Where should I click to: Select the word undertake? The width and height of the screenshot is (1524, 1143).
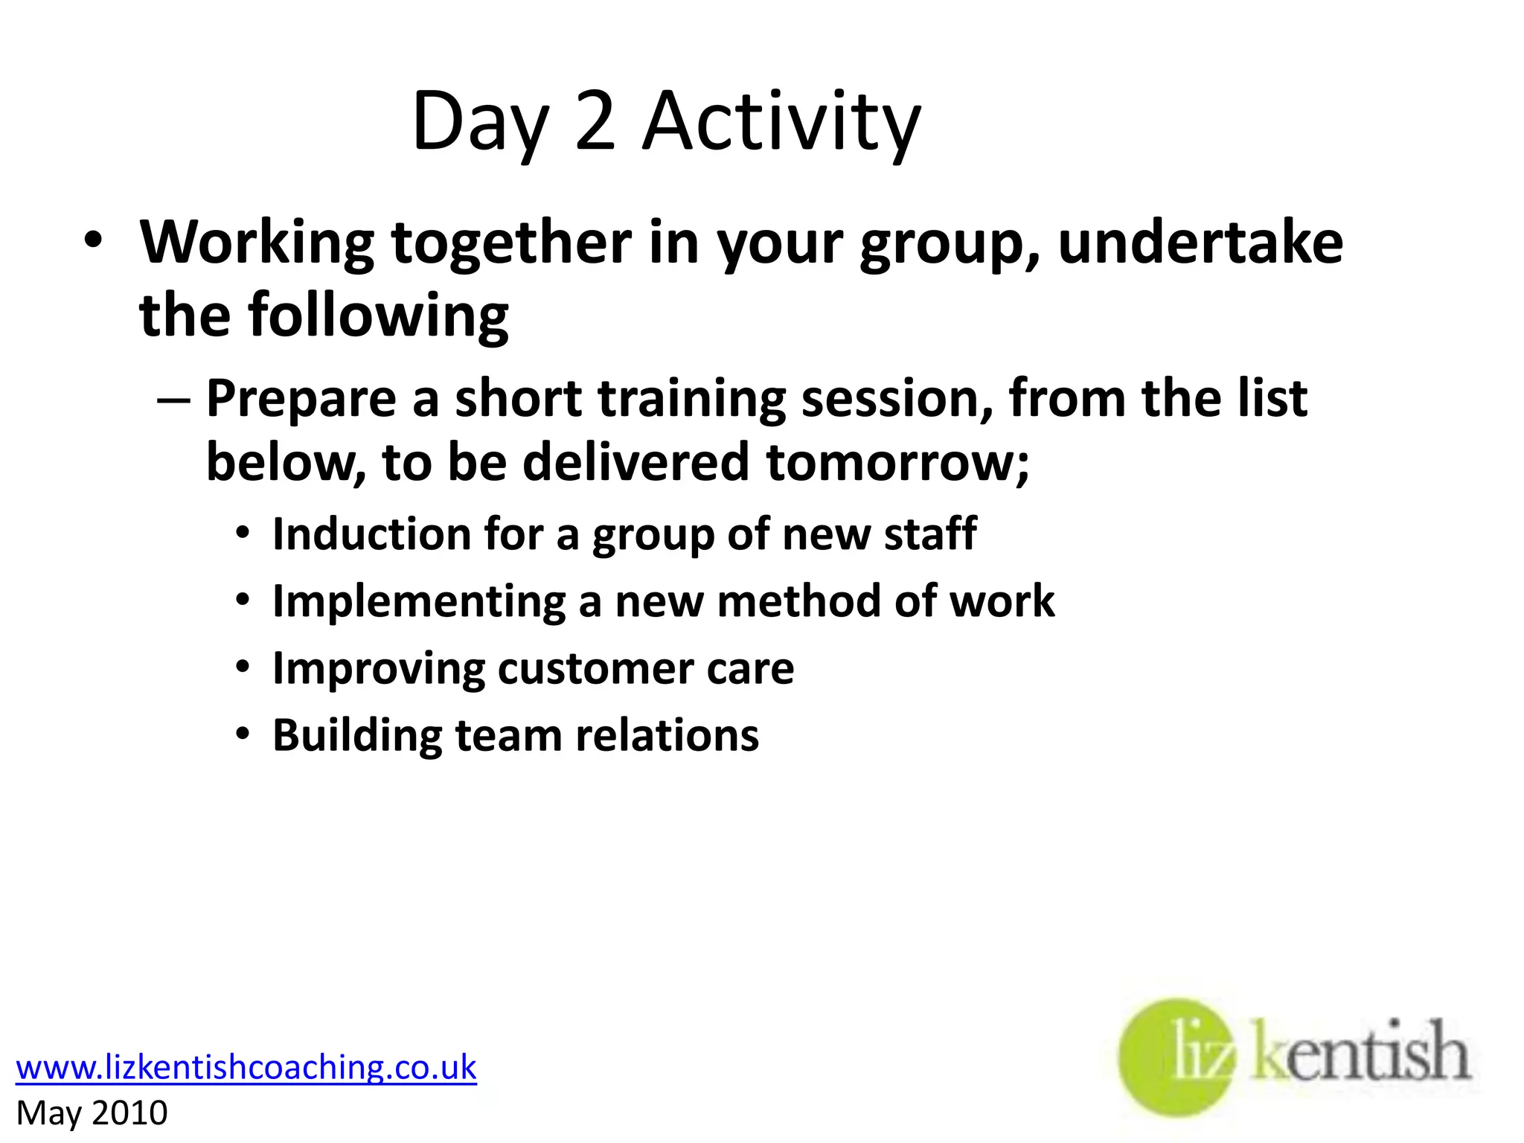[x=1200, y=243]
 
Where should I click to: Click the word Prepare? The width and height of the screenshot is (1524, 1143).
[x=301, y=400]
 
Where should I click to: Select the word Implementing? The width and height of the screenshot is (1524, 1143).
[x=419, y=602]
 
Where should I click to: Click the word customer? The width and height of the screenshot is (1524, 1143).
[x=595, y=668]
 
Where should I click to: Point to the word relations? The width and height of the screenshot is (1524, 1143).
[x=667, y=736]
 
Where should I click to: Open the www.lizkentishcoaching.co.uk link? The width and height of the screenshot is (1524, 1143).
[x=246, y=1067]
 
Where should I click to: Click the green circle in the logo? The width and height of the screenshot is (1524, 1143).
[x=1176, y=1057]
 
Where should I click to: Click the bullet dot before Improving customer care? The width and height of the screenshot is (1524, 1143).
[x=243, y=667]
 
